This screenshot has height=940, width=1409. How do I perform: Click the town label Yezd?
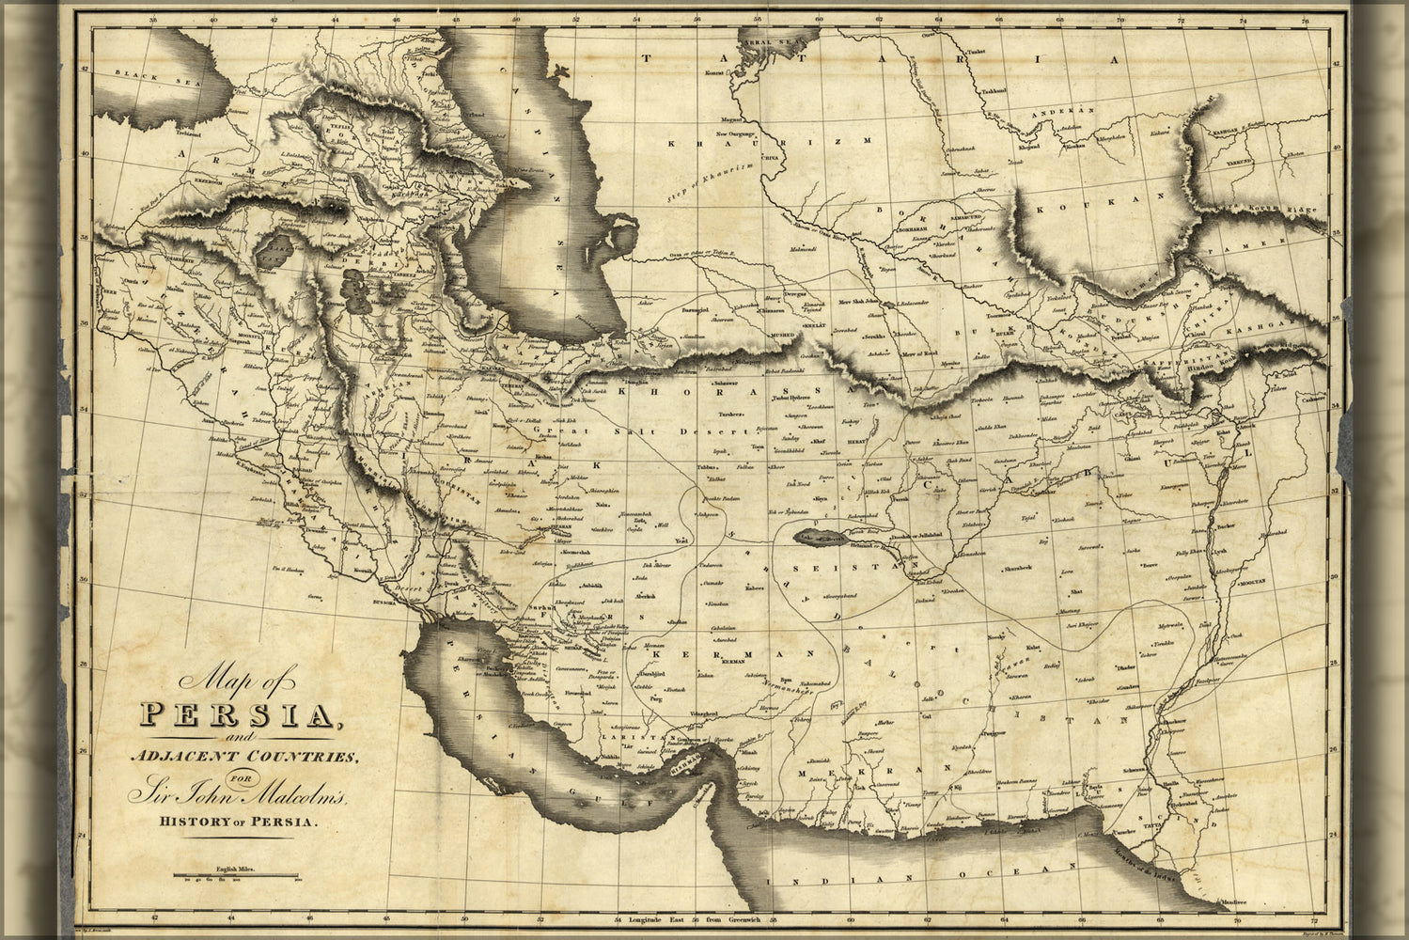(x=683, y=542)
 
